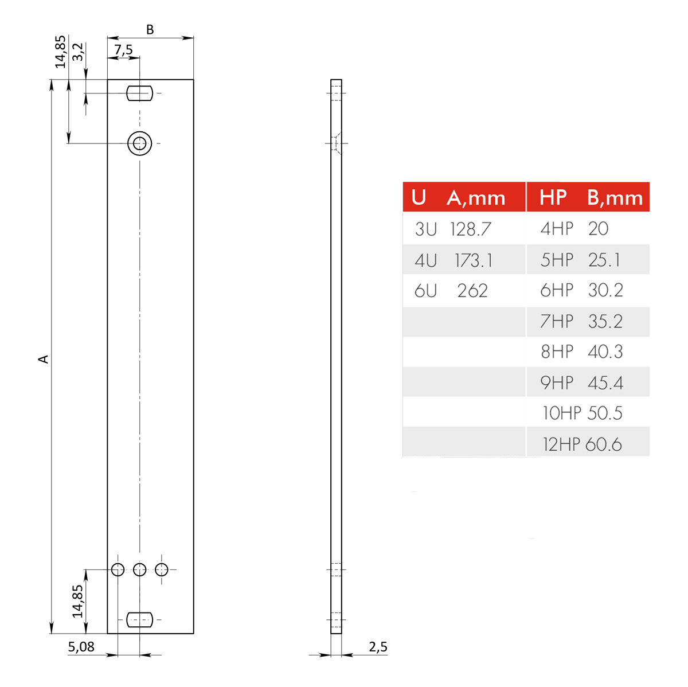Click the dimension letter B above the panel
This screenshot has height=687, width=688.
150,30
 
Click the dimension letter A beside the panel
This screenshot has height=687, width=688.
44,358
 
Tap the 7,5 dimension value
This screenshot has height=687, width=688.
123,50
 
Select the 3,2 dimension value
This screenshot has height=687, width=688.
78,52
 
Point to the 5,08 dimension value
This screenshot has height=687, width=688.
81,647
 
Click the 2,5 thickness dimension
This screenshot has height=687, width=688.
378,647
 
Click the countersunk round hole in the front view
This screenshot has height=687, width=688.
139,143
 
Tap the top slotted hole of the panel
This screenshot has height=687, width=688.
139,93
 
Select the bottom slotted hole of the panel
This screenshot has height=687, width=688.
139,619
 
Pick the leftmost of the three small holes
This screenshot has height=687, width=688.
118,569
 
